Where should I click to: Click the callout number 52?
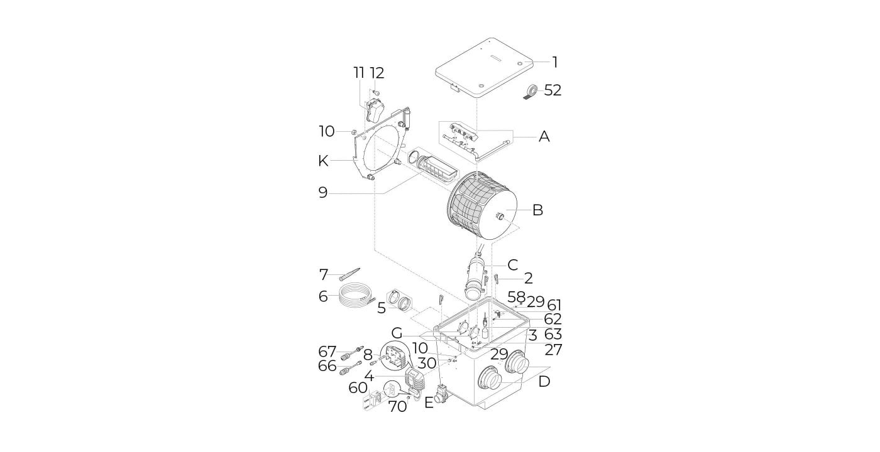[553, 90]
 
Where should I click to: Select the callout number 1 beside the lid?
[554, 62]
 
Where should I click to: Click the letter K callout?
[323, 161]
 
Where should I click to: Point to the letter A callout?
[544, 137]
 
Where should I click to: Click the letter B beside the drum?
[538, 210]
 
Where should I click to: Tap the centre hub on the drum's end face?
[500, 216]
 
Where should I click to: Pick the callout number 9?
[323, 193]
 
